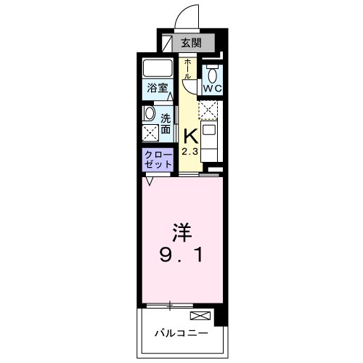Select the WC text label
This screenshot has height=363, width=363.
click(x=212, y=89)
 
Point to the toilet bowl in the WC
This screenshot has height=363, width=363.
click(x=212, y=73)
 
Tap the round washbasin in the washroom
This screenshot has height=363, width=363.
click(x=150, y=114)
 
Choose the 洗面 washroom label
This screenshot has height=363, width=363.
click(x=166, y=123)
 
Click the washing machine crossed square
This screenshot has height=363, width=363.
click(x=150, y=133)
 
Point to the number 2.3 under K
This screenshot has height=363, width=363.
click(x=189, y=152)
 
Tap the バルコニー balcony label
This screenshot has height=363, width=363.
click(x=181, y=335)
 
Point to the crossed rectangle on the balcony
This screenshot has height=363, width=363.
click(x=200, y=316)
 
